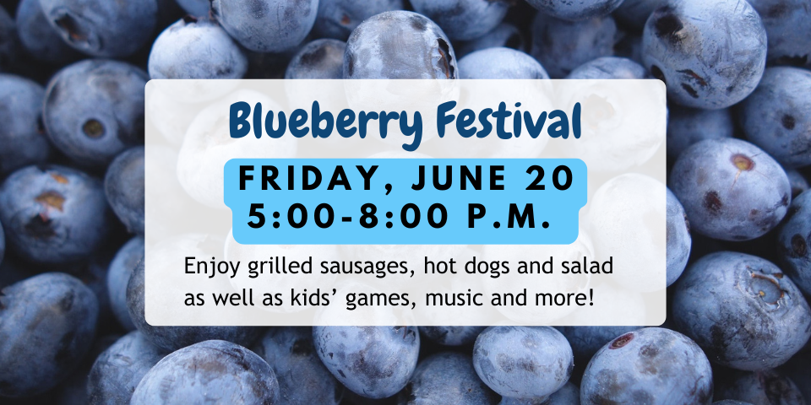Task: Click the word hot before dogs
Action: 438,267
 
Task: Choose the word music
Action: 448,300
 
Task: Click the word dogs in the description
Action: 483,268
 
